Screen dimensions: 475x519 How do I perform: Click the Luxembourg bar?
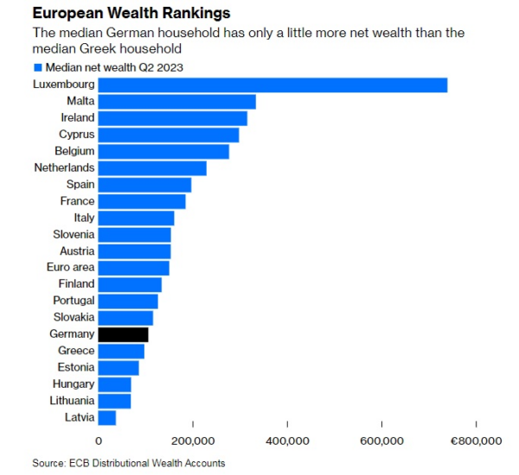(x=272, y=85)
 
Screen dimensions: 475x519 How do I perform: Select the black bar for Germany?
(x=124, y=334)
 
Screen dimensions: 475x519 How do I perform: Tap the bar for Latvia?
(x=107, y=418)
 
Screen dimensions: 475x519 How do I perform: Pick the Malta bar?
(x=176, y=102)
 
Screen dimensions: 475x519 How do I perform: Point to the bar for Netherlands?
(x=152, y=168)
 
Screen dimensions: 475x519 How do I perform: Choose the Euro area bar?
(x=133, y=268)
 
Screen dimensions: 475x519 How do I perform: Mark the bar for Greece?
(x=121, y=351)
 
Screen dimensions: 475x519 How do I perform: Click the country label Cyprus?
(x=77, y=135)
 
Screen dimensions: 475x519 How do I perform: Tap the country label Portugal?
(x=72, y=301)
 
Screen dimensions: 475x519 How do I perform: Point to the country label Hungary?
(x=73, y=384)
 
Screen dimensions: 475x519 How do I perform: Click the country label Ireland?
(x=78, y=118)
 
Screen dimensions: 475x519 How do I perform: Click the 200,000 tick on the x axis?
(x=193, y=441)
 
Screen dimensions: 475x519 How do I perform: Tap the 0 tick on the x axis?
(x=99, y=441)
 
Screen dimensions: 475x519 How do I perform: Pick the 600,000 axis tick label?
(x=381, y=441)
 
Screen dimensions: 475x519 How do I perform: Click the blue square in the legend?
(x=37, y=66)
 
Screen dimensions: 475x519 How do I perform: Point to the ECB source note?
(x=129, y=463)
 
